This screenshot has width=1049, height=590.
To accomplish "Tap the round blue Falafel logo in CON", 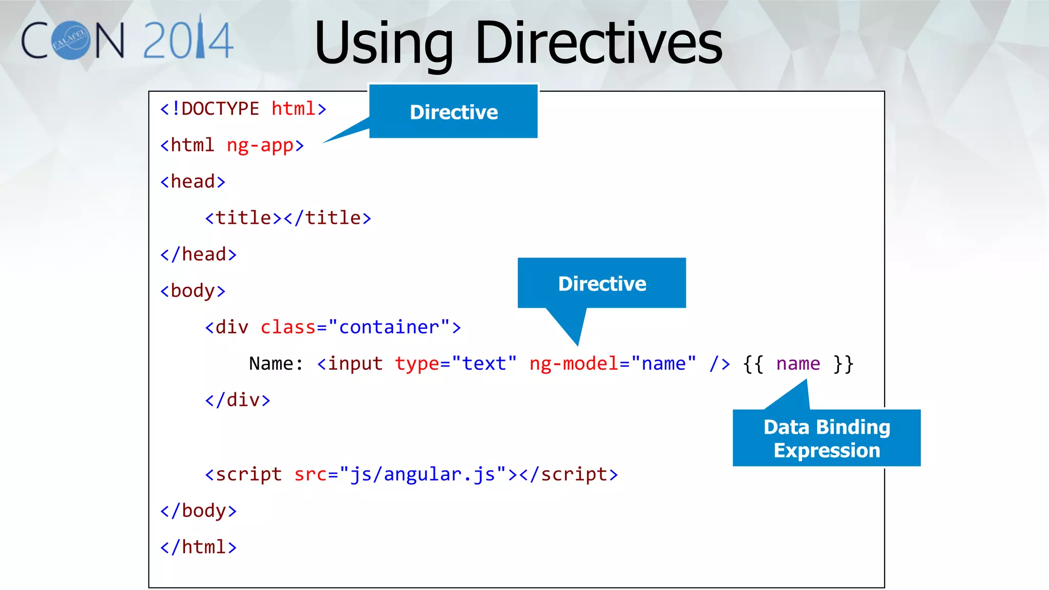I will click(x=71, y=40).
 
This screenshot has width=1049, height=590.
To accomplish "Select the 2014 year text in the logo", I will click(x=188, y=40).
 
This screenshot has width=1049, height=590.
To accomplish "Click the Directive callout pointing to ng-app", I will click(x=453, y=112).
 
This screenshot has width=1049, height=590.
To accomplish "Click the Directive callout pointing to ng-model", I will click(x=602, y=283).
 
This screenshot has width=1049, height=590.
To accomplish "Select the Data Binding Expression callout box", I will click(x=826, y=438).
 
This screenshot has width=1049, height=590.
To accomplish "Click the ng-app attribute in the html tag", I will click(x=260, y=145).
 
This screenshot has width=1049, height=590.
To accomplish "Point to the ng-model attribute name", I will click(x=574, y=364).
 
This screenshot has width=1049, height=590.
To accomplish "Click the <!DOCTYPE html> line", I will click(x=243, y=109).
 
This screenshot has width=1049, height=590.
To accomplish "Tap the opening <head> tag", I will click(x=193, y=182).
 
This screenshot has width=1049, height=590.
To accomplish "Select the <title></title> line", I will click(x=288, y=218).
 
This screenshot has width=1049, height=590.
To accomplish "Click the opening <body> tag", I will click(x=193, y=291).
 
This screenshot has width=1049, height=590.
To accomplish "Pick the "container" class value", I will click(x=389, y=327).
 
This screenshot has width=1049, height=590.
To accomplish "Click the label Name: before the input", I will click(x=276, y=364).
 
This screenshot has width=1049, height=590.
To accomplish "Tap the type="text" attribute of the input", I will click(x=455, y=364).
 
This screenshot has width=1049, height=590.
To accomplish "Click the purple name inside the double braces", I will click(x=798, y=364).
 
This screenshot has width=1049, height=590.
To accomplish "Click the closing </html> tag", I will click(x=198, y=547).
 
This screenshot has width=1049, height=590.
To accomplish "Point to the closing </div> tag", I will click(x=237, y=400).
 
